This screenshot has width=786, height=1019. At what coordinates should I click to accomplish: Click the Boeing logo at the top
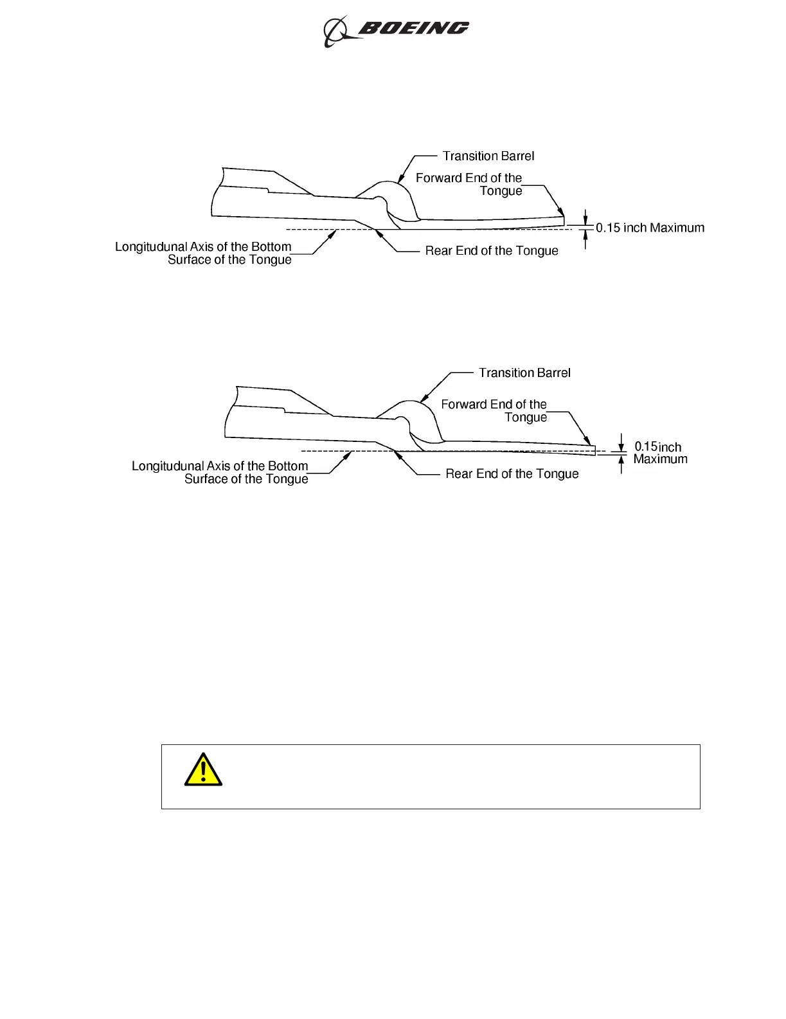tap(396, 30)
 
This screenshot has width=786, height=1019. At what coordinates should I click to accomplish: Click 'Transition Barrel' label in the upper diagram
tap(488, 156)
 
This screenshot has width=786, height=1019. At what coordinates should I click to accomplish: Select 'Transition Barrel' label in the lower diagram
tap(524, 373)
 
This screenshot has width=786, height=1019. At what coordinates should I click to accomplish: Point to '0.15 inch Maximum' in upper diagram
tap(650, 228)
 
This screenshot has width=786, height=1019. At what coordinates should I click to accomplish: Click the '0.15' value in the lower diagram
tap(645, 446)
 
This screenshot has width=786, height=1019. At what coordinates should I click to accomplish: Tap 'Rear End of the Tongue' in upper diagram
tap(492, 251)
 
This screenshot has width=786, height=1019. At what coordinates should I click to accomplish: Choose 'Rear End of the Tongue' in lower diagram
tap(512, 474)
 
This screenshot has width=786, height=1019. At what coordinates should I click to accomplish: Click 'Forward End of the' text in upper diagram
tap(469, 178)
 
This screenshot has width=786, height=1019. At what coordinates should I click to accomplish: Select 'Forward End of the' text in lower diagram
tap(494, 405)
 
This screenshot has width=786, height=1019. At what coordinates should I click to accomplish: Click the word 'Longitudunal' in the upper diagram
tap(152, 247)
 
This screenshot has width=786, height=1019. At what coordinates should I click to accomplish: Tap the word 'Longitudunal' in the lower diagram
tap(168, 466)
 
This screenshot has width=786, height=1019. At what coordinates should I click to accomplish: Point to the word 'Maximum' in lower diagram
tap(660, 459)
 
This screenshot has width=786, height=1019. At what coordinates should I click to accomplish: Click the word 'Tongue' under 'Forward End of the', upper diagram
tap(501, 191)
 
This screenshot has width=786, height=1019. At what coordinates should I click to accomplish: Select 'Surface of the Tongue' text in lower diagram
tap(246, 479)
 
